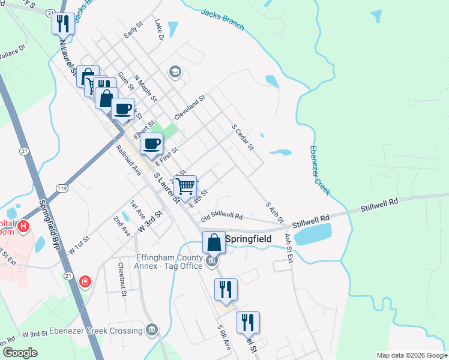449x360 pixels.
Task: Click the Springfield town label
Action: click(x=248, y=239)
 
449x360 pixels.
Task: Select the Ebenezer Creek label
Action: click(x=320, y=170)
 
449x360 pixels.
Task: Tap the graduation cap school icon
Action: click(x=175, y=73)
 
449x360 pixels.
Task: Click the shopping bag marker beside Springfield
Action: click(x=214, y=242)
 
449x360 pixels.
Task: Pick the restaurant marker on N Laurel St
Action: click(x=62, y=24)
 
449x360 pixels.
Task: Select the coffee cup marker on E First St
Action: click(x=151, y=143)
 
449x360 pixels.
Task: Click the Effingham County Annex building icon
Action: click(x=211, y=261)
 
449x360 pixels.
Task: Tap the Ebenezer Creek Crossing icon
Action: click(x=151, y=329)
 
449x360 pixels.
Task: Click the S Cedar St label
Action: click(x=243, y=137)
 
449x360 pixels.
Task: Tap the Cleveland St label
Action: click(x=190, y=106)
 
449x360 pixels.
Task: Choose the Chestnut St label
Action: click(x=122, y=279)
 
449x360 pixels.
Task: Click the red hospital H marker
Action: click(x=23, y=226)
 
